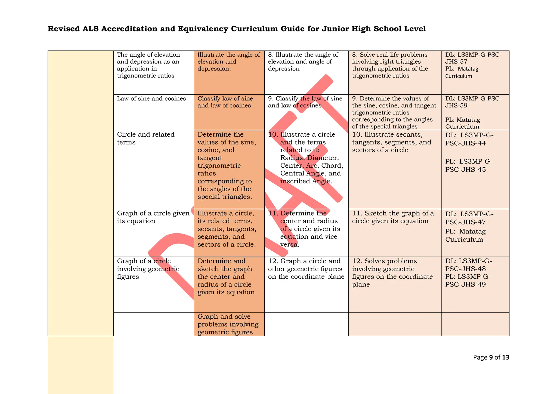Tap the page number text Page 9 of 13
491,357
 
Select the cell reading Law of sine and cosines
151,99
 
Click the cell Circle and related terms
146,138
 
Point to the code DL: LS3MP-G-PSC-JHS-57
473,58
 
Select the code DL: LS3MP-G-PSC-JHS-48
468,265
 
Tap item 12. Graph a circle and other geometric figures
306,269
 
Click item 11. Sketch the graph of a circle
393,217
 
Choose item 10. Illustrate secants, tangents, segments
392,142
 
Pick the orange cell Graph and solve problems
228,324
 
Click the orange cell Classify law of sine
225,102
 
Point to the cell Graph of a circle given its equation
153,217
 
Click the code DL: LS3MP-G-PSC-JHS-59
473,102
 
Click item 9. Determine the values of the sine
394,112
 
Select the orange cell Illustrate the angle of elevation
228,62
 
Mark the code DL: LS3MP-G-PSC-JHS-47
469,218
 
